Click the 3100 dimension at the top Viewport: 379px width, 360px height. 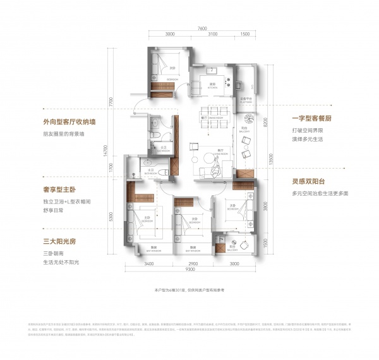[212, 34]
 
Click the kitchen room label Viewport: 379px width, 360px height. [214, 84]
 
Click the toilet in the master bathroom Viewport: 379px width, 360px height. [162, 171]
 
